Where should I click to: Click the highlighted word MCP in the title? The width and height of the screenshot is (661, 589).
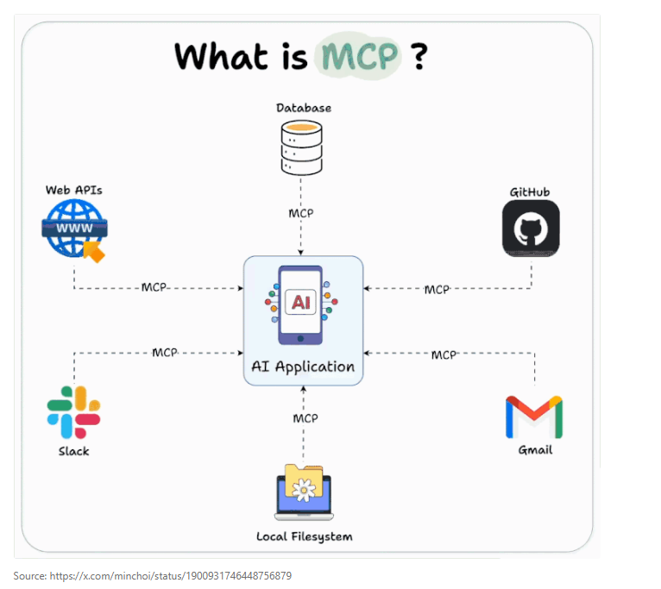359,56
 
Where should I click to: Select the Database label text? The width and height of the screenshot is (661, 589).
303,108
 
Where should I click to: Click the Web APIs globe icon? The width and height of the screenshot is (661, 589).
73,229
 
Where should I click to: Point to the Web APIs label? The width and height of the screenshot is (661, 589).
73,189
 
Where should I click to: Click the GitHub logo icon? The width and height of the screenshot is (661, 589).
531,229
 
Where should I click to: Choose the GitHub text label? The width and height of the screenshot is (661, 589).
530,191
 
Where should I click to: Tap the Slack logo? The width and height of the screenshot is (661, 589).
73,412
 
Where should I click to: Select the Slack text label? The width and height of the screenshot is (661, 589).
73,451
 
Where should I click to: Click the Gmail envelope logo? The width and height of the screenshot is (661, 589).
534,417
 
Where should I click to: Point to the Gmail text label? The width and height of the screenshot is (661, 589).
535,450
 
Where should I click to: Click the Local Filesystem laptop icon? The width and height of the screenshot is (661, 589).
303,492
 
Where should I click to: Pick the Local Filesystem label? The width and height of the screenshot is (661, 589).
304,536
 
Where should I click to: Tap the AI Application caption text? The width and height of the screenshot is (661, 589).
303,367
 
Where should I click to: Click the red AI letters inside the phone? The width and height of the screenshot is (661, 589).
301,303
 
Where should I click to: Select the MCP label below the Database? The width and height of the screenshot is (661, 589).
301,213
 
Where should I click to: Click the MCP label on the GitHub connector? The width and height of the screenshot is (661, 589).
437,290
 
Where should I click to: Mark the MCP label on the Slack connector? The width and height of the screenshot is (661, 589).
165,353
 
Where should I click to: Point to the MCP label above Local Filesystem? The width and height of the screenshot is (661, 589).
305,418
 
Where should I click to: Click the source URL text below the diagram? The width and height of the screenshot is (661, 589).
153,575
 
